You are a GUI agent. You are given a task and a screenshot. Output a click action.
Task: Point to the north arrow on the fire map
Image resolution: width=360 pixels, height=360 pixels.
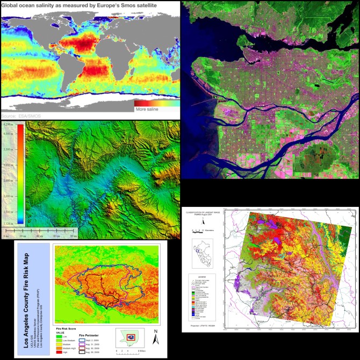[155, 336]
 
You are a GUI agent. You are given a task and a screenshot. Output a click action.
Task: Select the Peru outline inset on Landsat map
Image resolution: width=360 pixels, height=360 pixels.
[200, 253]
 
